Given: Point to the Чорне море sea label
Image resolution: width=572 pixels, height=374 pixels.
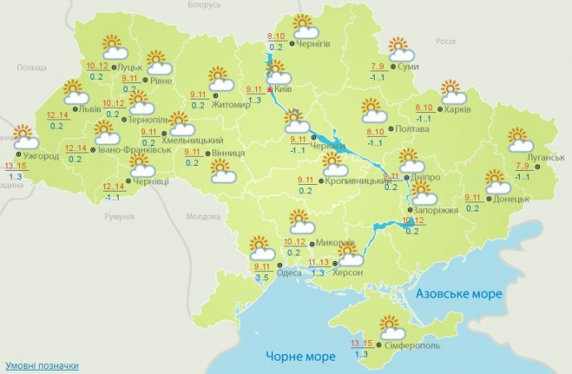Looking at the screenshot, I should point(301,357).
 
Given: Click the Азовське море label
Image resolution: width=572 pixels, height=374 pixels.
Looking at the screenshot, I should point(458,294).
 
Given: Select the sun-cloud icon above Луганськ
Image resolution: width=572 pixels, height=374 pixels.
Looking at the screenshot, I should point(519,138).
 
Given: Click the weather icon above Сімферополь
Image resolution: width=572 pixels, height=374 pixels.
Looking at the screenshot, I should point(392,326).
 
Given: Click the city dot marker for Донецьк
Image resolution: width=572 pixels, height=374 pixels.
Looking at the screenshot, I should point(489,198).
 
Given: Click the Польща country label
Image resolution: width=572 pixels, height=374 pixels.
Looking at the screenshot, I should point(32,66).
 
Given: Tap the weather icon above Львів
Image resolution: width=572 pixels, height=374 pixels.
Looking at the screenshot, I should point(75,91).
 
